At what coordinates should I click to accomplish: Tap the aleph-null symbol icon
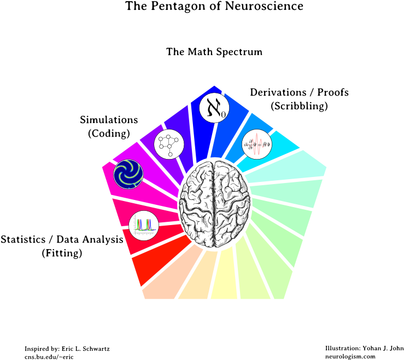tap(214, 108)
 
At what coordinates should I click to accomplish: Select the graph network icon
tap(168, 144)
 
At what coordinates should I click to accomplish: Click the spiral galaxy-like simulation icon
tap(128, 174)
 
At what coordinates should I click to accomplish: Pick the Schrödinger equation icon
tap(257, 144)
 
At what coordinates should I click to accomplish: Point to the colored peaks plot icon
tap(143, 224)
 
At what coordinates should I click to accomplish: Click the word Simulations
tap(109, 120)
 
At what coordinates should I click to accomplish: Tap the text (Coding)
tap(109, 133)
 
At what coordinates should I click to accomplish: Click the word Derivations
tap(278, 92)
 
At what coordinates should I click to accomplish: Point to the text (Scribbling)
tap(299, 106)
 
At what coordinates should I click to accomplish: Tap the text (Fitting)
tap(63, 253)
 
